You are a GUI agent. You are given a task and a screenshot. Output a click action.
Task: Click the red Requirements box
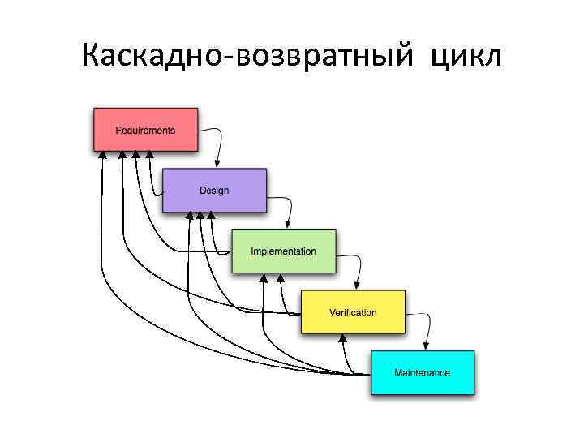tap(146, 130)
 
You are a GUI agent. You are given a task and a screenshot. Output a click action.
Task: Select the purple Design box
tap(214, 191)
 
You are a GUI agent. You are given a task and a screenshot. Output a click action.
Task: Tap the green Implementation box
tap(283, 251)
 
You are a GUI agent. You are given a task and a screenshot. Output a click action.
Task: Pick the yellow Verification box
tap(353, 312)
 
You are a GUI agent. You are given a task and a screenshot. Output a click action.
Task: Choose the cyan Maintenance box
tap(422, 373)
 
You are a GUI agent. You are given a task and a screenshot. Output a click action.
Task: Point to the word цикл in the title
tap(467, 57)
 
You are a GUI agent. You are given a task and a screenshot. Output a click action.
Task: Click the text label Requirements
tap(145, 131)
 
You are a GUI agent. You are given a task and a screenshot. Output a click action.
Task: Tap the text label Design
tap(214, 191)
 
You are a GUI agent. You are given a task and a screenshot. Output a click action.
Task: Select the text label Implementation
tap(283, 251)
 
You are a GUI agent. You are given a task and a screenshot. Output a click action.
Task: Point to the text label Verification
tap(353, 312)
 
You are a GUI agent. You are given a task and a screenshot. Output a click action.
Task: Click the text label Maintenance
tap(422, 373)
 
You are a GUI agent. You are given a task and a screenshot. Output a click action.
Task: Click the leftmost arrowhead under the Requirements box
tap(102, 155)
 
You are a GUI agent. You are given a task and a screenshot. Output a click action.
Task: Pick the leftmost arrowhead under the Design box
tap(189, 216)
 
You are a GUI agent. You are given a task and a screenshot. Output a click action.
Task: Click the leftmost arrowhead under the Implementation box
tap(263, 277)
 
